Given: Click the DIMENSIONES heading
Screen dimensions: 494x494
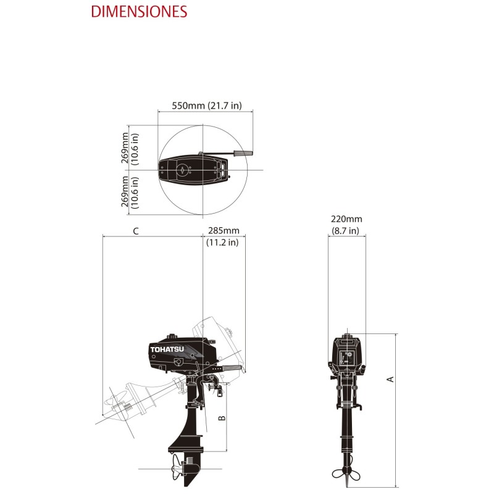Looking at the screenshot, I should coord(139,12).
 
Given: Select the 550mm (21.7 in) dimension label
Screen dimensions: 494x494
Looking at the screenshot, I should coord(204,106).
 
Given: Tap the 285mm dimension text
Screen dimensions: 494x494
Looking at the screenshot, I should coord(223,232).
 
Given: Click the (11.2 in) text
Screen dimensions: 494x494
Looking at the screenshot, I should coord(222,243).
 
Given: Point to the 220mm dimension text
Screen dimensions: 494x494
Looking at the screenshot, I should coord(346,219).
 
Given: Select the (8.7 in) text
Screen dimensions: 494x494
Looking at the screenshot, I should coord(345,231).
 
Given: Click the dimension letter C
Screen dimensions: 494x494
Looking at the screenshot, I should coord(135,232).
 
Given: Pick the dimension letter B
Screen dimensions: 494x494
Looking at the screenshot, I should coord(222,418).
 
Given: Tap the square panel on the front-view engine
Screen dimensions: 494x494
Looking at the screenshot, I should coord(346,357).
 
